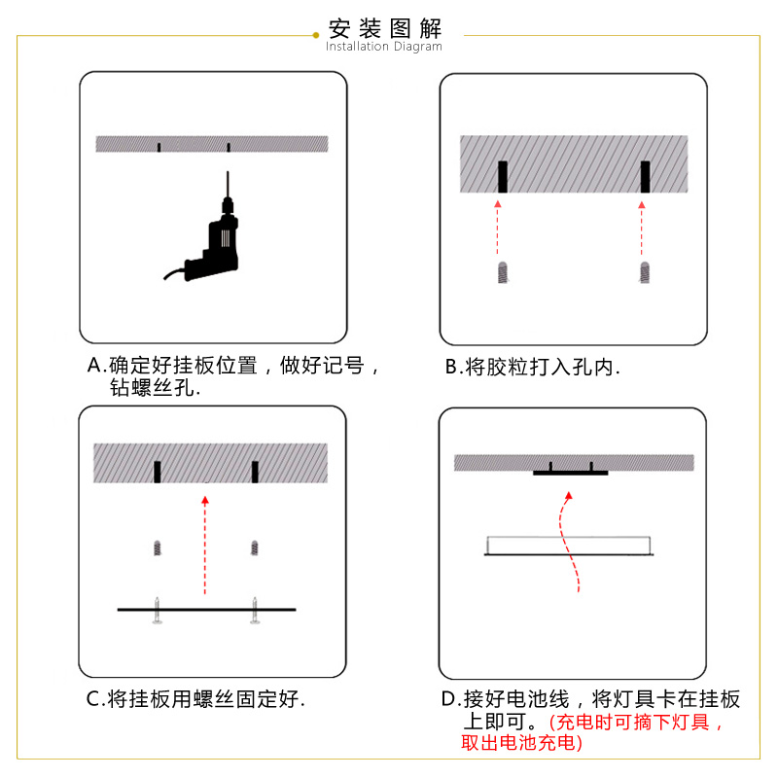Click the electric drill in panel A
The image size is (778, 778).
(x=214, y=243)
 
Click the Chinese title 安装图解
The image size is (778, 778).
(x=387, y=27)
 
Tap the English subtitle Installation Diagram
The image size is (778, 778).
(x=384, y=47)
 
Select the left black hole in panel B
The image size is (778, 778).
(x=503, y=177)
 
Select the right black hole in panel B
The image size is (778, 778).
(x=644, y=177)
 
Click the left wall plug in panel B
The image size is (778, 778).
(x=502, y=271)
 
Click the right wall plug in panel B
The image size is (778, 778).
(x=643, y=271)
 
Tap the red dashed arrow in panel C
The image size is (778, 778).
(x=205, y=545)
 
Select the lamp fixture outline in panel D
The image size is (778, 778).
(x=570, y=546)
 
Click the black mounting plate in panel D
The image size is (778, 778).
(x=570, y=473)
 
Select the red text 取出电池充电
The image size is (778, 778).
(x=522, y=743)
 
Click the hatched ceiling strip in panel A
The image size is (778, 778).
(x=213, y=144)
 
